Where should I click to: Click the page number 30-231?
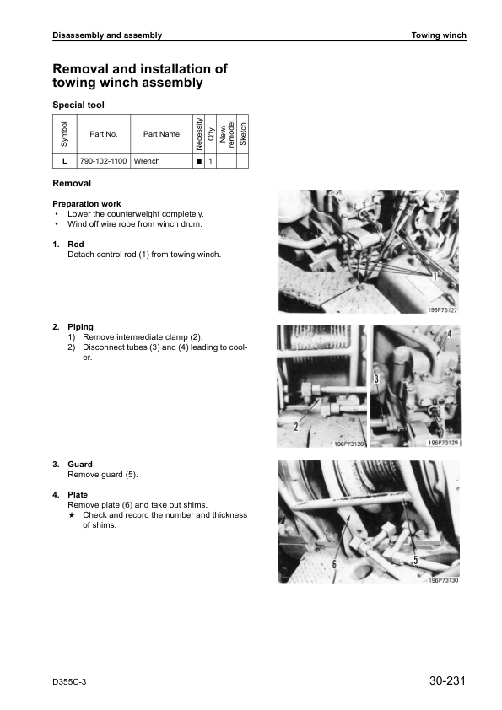coord(447,680)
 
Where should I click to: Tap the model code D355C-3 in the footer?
coord(69,682)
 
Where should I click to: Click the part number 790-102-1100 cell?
coord(103,161)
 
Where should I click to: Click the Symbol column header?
coord(64,134)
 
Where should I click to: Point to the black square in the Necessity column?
coord(198,161)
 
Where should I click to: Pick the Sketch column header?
coord(242,134)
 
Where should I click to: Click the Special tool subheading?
coord(78,105)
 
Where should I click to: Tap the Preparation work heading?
coord(87,204)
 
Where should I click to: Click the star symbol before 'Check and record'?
coord(71,515)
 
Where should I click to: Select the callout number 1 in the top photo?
coord(435,277)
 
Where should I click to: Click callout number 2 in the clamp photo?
coord(296,426)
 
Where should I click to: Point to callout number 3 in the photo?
coord(376,378)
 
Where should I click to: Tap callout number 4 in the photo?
coord(450,334)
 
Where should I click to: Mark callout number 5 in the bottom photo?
coord(415,560)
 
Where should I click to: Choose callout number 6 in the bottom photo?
coord(334,564)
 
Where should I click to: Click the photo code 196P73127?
coord(443,310)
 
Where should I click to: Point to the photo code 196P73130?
coord(444,580)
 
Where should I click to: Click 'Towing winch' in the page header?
coord(439,35)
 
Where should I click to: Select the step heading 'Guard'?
coord(80,464)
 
